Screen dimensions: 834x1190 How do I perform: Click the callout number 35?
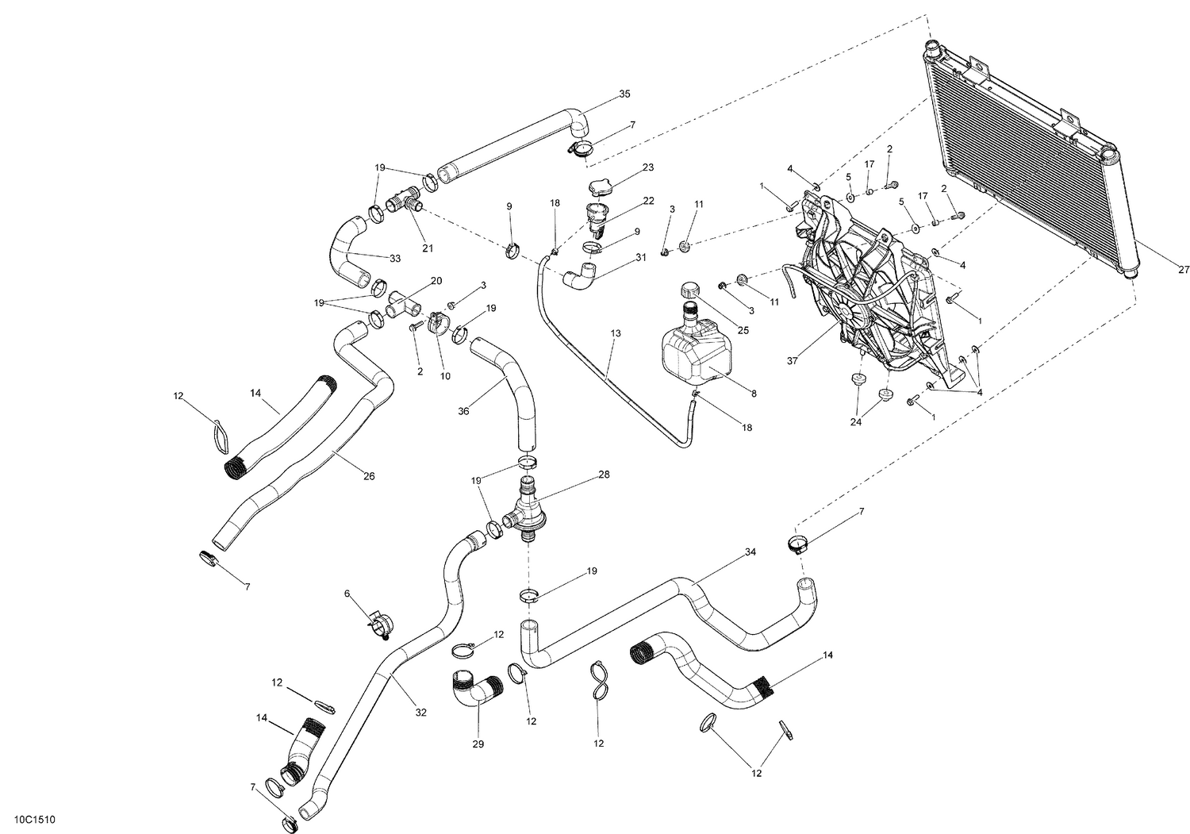pyautogui.click(x=624, y=94)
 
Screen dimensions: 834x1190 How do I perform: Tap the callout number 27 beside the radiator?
pyautogui.click(x=1184, y=270)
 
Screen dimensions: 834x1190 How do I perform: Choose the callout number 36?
pyautogui.click(x=463, y=411)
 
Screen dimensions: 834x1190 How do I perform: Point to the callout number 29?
pyautogui.click(x=478, y=744)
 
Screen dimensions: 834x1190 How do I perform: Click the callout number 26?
pyautogui.click(x=369, y=476)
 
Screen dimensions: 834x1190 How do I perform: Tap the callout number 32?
pyautogui.click(x=420, y=713)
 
